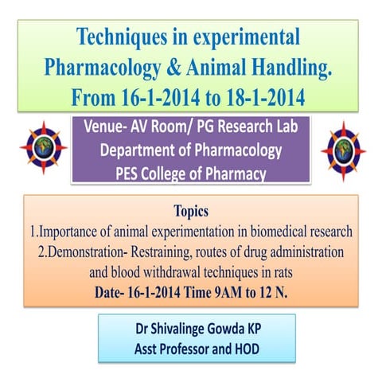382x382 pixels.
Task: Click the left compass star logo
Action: [44, 149]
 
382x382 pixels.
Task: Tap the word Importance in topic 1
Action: [68, 232]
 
